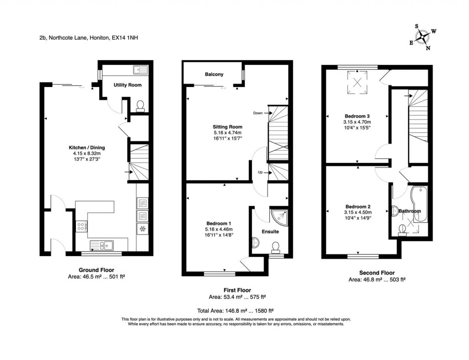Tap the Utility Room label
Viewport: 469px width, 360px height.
click(x=127, y=85)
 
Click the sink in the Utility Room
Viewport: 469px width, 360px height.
click(x=141, y=70)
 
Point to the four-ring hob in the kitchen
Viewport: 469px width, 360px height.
click(x=82, y=226)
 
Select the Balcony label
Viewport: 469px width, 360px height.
click(x=214, y=74)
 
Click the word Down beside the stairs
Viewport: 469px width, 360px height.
click(x=258, y=113)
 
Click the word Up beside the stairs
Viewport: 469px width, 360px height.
click(x=260, y=172)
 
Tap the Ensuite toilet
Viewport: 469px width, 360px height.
click(x=275, y=248)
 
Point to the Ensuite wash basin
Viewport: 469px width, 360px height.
click(x=255, y=242)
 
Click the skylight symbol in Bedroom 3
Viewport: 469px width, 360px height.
click(x=357, y=82)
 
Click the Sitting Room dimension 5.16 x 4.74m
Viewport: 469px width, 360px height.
click(x=227, y=133)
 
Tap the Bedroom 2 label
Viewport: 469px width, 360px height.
click(x=358, y=207)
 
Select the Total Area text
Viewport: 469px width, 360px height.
click(x=235, y=311)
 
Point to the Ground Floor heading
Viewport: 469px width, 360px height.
click(x=96, y=270)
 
